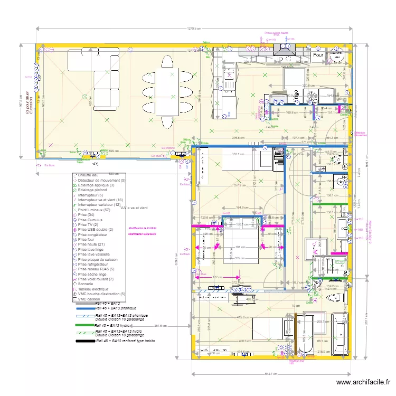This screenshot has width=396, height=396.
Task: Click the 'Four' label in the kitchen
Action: click(x=318, y=55)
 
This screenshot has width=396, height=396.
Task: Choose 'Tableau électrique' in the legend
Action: click(x=93, y=289)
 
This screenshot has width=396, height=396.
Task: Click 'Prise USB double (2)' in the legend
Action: click(x=95, y=230)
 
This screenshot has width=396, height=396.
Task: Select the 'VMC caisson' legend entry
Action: click(x=90, y=299)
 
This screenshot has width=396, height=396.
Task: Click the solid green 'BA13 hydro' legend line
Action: click(x=84, y=326)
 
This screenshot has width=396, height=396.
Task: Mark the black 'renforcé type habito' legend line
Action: click(x=84, y=342)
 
